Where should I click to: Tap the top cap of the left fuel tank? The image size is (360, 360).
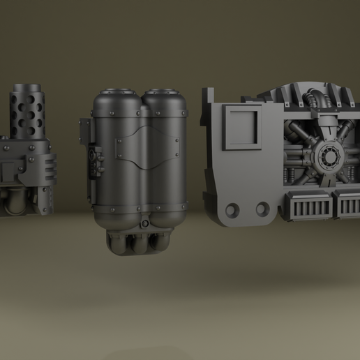[115, 91]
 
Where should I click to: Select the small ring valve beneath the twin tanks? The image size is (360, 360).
[144, 223]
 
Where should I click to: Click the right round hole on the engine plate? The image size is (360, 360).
[262, 209]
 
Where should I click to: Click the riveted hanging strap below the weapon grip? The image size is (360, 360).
[45, 195]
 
